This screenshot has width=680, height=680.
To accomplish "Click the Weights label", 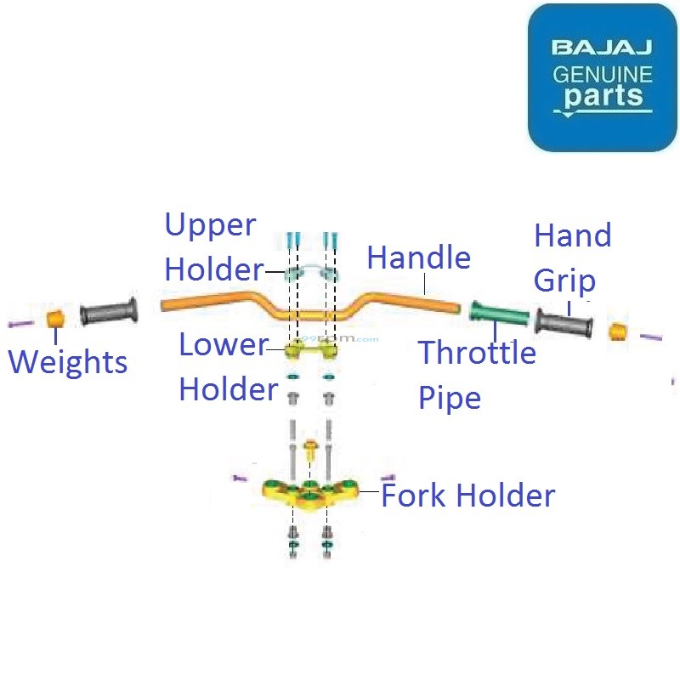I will click(x=68, y=362).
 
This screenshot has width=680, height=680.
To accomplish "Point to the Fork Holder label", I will click(x=468, y=496).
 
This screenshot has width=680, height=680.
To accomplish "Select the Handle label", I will click(x=418, y=257).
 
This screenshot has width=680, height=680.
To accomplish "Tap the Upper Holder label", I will click(x=212, y=247).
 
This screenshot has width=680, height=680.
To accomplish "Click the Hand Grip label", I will click(x=572, y=257).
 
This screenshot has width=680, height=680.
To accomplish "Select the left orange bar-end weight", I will click(x=54, y=319).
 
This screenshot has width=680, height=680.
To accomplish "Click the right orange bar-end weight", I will click(x=619, y=331).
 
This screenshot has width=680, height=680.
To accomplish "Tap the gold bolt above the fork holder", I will click(x=310, y=450).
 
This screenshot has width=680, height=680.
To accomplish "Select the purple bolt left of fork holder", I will click(x=239, y=478).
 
